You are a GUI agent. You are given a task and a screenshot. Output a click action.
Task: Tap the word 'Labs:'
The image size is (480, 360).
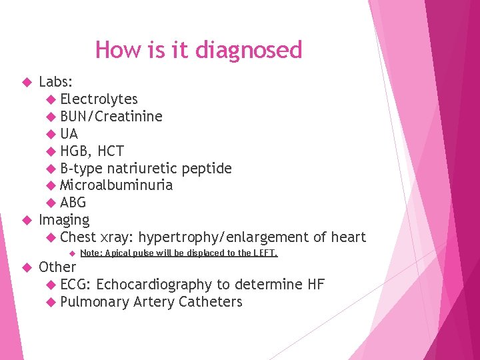pyautogui.click(x=56, y=82)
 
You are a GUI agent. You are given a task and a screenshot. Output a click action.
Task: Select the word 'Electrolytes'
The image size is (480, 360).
pyautogui.click(x=99, y=99)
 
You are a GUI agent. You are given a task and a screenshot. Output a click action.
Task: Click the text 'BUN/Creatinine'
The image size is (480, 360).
pyautogui.click(x=111, y=117)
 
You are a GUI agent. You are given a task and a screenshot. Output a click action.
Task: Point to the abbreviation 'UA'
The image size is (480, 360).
pyautogui.click(x=69, y=134)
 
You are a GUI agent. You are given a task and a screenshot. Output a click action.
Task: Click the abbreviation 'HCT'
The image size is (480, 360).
pyautogui.click(x=110, y=151)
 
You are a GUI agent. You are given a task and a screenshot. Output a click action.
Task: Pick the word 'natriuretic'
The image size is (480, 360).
pyautogui.click(x=138, y=168)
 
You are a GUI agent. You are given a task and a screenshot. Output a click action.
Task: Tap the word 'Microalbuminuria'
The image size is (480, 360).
pyautogui.click(x=116, y=185)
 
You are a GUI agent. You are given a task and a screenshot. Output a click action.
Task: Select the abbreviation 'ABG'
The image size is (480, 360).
pyautogui.click(x=73, y=203)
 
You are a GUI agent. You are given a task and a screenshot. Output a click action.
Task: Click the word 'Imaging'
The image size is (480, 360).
pyautogui.click(x=64, y=220)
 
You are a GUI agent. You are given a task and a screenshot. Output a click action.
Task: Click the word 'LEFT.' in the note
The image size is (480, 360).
pyautogui.click(x=265, y=253)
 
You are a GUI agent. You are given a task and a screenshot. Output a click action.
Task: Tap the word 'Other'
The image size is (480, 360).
pyautogui.click(x=57, y=267)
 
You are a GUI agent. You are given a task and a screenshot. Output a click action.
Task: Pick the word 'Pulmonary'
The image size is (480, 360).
pyautogui.click(x=94, y=302)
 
